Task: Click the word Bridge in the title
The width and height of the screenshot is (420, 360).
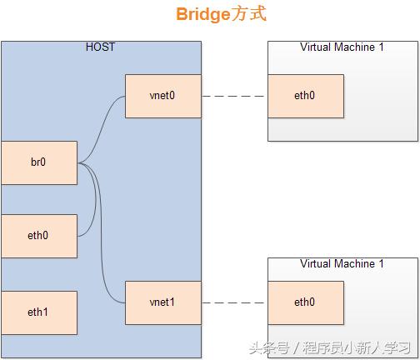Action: tap(202, 15)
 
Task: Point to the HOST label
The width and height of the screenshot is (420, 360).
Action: tap(101, 47)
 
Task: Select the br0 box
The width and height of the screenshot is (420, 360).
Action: tap(38, 162)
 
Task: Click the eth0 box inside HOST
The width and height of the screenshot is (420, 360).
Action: tap(38, 236)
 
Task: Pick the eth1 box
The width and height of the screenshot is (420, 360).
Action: tap(38, 312)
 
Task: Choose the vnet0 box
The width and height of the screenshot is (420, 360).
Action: tap(162, 96)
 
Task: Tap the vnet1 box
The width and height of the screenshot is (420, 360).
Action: tap(162, 302)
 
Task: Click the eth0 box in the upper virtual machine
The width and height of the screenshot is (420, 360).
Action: tap(305, 96)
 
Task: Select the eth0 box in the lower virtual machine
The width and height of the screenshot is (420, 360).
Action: tap(305, 302)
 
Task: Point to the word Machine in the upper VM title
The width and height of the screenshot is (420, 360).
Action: tap(357, 47)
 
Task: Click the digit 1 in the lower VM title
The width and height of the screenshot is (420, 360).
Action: tap(382, 264)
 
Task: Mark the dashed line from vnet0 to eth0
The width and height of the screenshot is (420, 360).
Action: tap(234, 96)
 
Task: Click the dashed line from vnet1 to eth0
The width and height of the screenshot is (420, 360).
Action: tap(234, 302)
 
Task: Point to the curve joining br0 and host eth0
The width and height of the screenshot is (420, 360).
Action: tap(93, 204)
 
